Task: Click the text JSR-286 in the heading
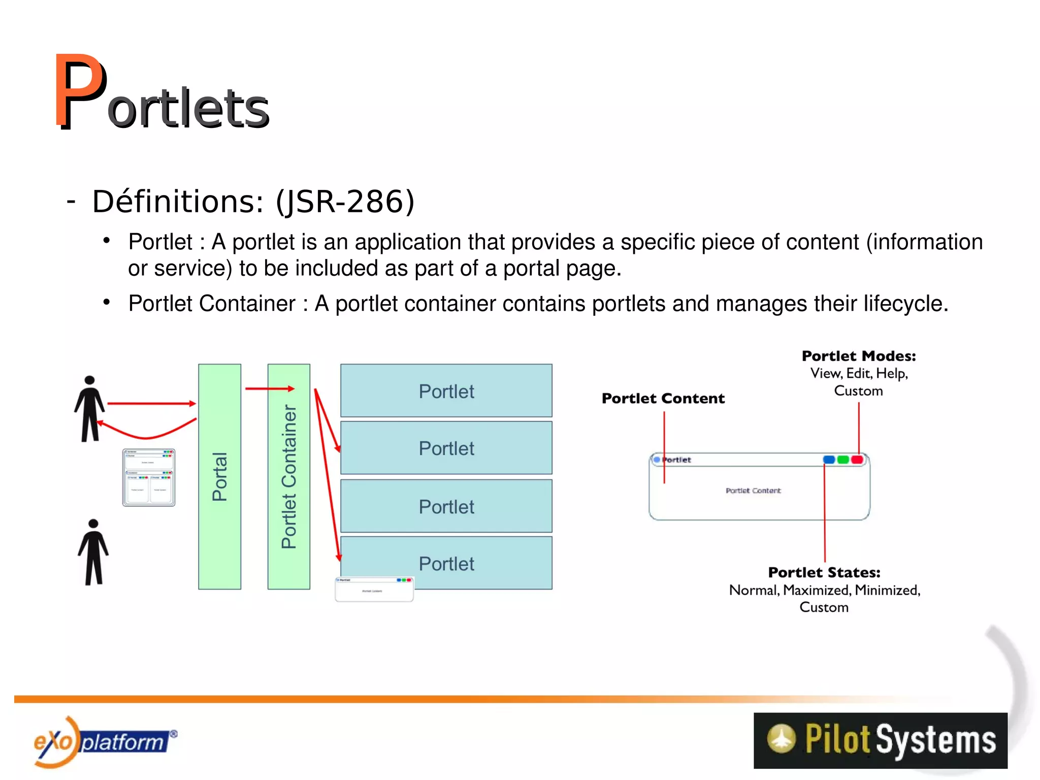tap(345, 202)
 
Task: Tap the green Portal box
tap(219, 476)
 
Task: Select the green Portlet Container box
tap(288, 476)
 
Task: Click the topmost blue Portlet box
tap(446, 391)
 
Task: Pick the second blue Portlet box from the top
tap(446, 448)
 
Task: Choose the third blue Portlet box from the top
tap(446, 506)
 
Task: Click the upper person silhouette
tap(90, 409)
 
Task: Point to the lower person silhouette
tap(93, 552)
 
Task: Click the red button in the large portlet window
tap(857, 460)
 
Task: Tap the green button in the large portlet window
tap(843, 460)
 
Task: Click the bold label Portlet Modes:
tap(859, 356)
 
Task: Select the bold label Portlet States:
tap(824, 572)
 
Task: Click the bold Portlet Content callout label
tap(663, 399)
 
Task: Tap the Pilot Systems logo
tap(880, 740)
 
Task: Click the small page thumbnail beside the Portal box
tap(149, 477)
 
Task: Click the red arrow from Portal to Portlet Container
tap(270, 389)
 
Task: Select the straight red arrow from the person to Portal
tap(151, 404)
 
